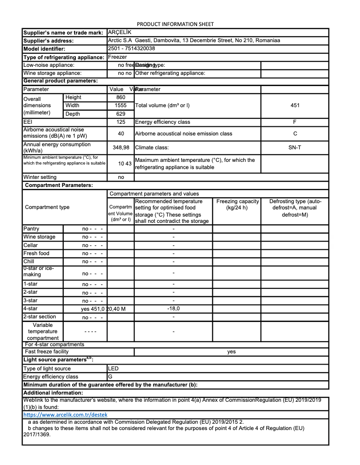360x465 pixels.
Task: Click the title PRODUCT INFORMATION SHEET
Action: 175,24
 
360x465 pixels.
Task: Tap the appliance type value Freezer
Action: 118,57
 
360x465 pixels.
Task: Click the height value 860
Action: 121,97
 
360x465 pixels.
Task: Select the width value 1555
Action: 121,105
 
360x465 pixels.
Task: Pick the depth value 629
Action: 121,114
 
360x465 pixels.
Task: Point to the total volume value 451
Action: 295,105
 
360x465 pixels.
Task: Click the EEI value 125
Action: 121,122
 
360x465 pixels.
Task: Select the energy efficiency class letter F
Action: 295,122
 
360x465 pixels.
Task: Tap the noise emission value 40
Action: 121,134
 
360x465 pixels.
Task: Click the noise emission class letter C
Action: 295,134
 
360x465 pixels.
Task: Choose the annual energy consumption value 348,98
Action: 121,148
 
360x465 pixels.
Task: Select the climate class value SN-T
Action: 295,148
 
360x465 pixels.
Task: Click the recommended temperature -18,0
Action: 173,309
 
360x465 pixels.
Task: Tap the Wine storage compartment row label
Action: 40,237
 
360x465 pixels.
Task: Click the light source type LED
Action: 114,369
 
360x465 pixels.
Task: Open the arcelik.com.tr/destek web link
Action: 65,415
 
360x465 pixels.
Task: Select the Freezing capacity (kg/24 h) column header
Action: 237,204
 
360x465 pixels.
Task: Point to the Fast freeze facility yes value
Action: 231,352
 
